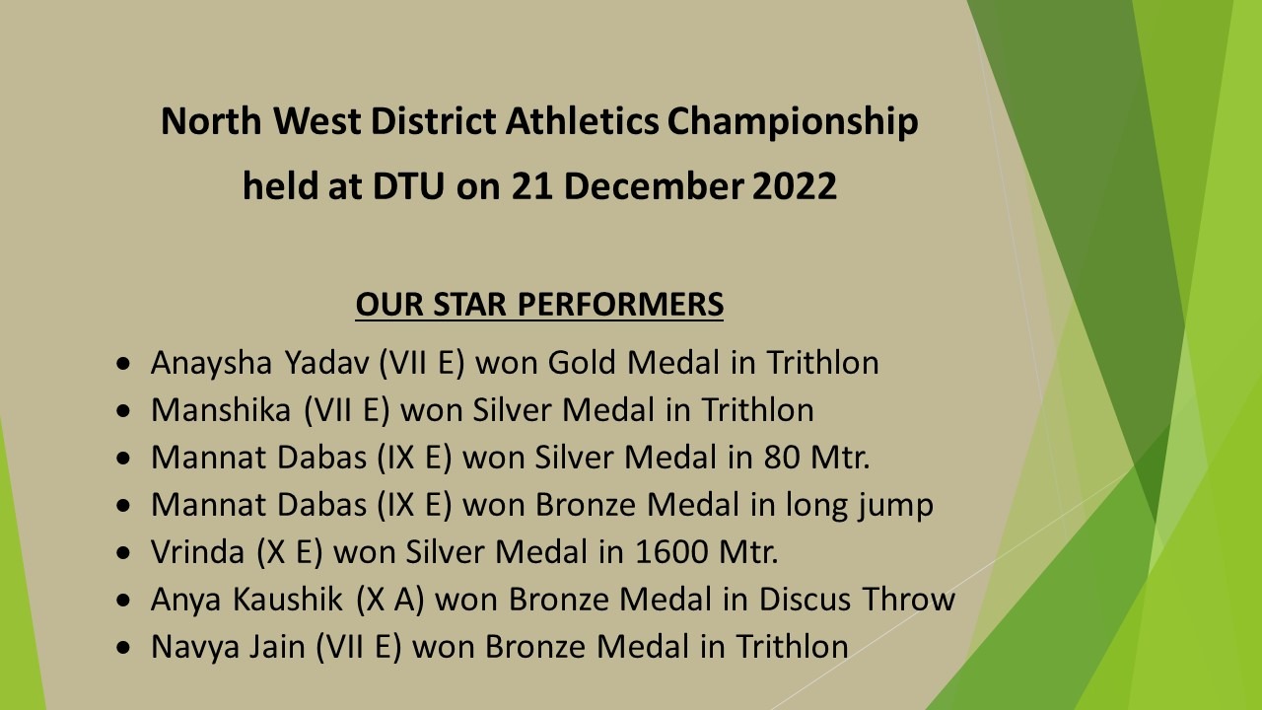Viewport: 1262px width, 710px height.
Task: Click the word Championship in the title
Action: (793, 122)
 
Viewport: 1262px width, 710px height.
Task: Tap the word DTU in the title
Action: (408, 186)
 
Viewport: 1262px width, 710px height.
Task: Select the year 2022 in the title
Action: (795, 186)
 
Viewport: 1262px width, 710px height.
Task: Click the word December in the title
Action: (653, 186)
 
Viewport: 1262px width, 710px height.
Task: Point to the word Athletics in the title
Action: (582, 121)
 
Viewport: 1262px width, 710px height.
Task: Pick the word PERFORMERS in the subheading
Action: (620, 305)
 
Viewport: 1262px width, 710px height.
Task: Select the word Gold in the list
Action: (582, 362)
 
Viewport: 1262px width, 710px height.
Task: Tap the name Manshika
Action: (221, 409)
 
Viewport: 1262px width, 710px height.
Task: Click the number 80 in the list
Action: (782, 458)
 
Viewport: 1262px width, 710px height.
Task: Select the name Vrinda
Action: (197, 551)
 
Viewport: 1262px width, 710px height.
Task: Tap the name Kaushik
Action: (287, 599)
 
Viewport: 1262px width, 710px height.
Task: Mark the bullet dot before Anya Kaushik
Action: (123, 600)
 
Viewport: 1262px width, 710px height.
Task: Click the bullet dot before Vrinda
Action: (123, 552)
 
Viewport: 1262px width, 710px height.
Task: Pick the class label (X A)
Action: (389, 600)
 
